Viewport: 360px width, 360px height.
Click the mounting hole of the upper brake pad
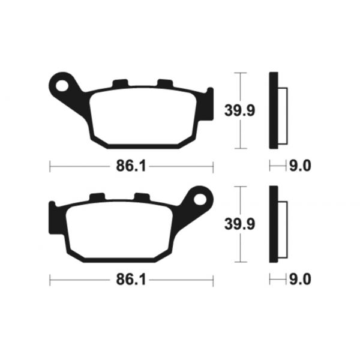[x=62, y=85]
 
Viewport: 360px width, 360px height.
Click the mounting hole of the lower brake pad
[x=200, y=199]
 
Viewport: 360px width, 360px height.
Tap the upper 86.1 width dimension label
[x=131, y=166]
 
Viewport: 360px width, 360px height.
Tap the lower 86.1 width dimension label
[x=131, y=280]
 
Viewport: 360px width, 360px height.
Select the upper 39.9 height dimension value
[x=239, y=110]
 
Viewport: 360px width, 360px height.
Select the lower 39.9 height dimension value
[x=239, y=224]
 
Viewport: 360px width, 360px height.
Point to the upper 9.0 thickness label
[x=300, y=166]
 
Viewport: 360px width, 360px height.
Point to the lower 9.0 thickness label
[x=300, y=279]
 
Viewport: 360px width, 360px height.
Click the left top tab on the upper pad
[x=120, y=83]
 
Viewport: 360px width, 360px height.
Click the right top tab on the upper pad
[x=165, y=83]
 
